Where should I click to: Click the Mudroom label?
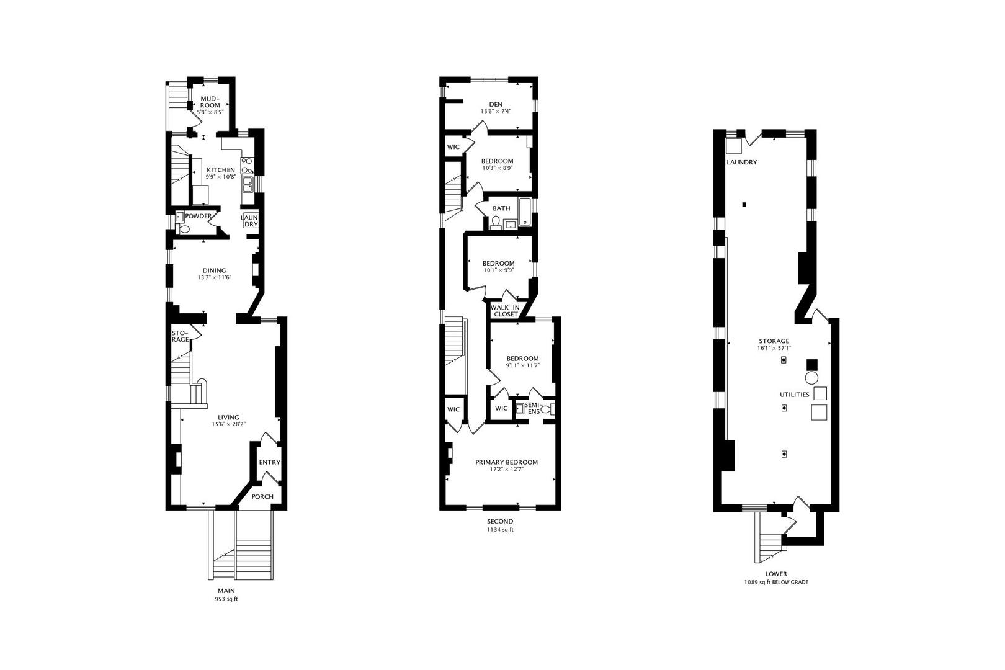210,102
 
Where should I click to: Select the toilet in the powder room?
183,229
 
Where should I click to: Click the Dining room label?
214,270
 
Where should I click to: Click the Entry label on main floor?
269,462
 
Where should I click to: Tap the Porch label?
262,496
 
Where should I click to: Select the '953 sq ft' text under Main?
226,600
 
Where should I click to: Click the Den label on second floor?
495,104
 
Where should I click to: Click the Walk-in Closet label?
505,310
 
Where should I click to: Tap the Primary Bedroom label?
506,462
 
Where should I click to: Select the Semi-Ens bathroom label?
532,408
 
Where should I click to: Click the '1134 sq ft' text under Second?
500,530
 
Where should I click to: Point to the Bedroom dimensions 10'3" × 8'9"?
498,168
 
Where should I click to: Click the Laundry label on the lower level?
742,163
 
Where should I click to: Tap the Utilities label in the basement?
794,395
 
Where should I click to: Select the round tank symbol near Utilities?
811,378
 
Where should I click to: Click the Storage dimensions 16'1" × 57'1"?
774,348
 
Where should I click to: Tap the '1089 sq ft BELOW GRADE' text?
776,583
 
